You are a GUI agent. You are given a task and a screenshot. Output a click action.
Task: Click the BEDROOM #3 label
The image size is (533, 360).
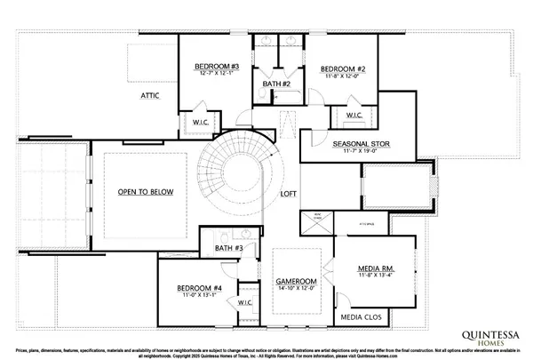(218, 67)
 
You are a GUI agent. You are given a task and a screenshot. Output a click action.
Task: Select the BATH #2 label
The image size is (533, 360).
(277, 84)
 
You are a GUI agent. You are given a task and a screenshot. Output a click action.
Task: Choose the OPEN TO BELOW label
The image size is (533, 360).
(146, 192)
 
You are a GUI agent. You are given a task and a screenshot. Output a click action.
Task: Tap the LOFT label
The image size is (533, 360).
(288, 193)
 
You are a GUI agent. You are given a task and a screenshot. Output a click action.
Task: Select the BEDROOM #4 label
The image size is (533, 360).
(198, 288)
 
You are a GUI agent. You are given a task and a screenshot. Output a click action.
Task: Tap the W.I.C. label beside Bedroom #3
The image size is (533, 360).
(200, 121)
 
